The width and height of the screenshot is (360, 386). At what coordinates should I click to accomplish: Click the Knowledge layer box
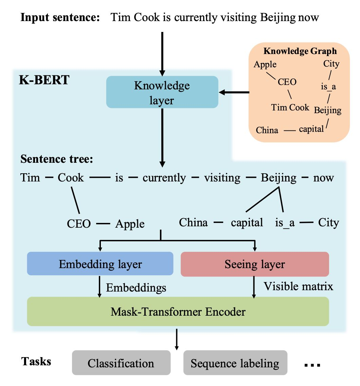tap(162, 92)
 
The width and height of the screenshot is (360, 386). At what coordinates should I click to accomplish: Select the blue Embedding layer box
tap(100, 264)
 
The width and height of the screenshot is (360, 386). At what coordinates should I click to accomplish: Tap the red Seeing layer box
tap(255, 264)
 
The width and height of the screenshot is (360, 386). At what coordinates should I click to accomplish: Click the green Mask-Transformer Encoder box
tap(178, 311)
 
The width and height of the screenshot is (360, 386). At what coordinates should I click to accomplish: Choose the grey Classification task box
tap(121, 363)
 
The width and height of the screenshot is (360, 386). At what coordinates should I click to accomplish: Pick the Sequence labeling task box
tap(235, 363)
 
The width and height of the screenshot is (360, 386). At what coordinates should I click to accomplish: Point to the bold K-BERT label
tap(44, 80)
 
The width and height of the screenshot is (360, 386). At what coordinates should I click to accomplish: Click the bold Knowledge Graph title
tap(300, 51)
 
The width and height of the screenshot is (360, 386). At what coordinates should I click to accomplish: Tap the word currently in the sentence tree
tap(164, 178)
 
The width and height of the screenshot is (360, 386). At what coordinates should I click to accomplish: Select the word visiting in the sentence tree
tap(222, 178)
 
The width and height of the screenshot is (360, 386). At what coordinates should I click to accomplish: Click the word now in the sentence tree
tap(324, 178)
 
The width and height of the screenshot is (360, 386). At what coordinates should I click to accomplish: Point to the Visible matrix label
tap(299, 286)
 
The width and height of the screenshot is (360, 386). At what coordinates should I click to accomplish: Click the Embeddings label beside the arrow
tap(136, 287)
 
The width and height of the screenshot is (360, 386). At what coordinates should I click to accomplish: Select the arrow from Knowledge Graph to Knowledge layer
tap(234, 92)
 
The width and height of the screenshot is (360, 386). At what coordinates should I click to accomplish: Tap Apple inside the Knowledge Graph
tap(265, 64)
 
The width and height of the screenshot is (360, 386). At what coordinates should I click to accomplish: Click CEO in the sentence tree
tap(79, 224)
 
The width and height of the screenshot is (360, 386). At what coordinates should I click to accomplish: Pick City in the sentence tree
tap(328, 223)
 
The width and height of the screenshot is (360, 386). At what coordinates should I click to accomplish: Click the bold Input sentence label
tap(60, 17)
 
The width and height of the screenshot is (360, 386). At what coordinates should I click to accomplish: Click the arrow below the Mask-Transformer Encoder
tap(176, 339)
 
